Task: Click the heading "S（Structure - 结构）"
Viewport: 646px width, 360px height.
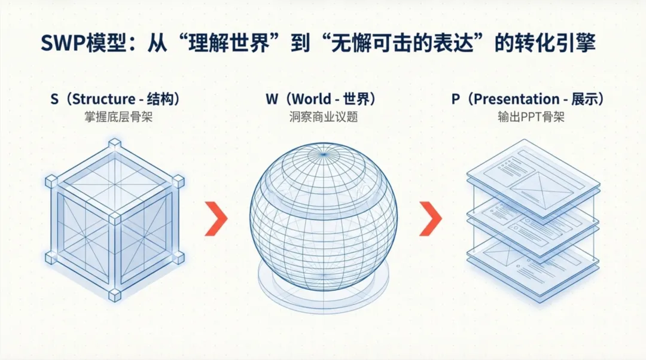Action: pos(115,99)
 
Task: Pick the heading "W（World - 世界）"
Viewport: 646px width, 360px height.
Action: pos(324,99)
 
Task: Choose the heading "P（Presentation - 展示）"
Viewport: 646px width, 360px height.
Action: pos(527,99)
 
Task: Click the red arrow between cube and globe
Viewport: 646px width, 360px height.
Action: pos(216,218)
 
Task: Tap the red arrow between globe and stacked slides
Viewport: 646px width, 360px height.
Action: pos(430,218)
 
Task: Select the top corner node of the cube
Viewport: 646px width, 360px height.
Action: pos(114,144)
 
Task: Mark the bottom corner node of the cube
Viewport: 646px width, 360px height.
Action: pos(114,295)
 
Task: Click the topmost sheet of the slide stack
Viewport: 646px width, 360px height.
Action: pos(532,176)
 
